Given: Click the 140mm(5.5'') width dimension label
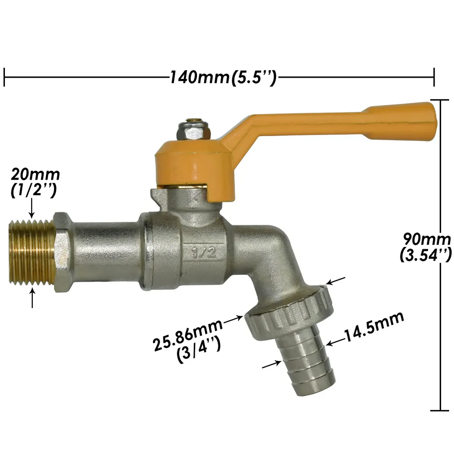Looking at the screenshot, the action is point(223,78).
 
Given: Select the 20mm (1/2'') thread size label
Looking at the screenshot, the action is point(35,182).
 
